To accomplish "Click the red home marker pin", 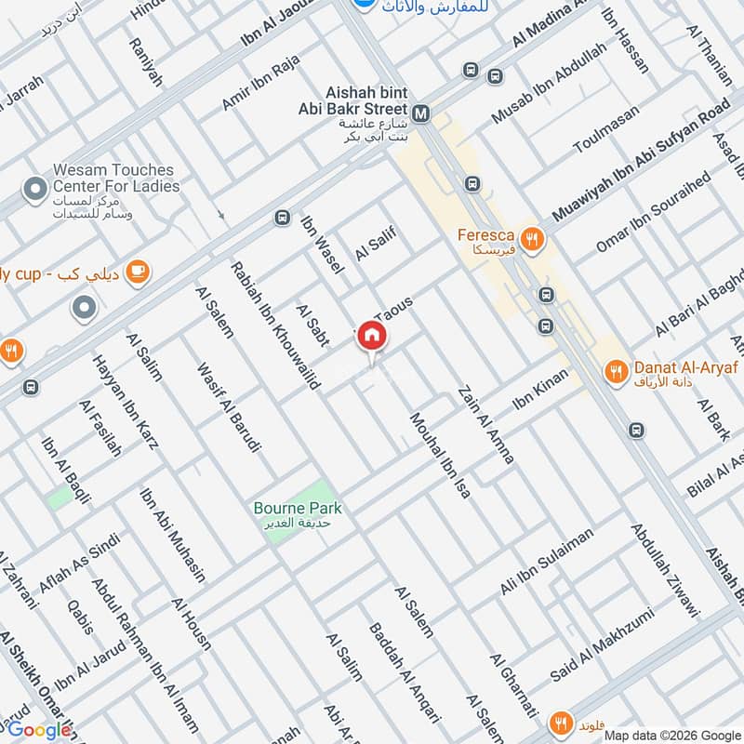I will point(371,336).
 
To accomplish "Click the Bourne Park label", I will point(298,509).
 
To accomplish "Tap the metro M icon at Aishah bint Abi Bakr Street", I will point(421,113).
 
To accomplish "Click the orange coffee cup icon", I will point(138,272).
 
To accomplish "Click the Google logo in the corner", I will point(39,730).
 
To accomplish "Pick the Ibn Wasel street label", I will point(322,245).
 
